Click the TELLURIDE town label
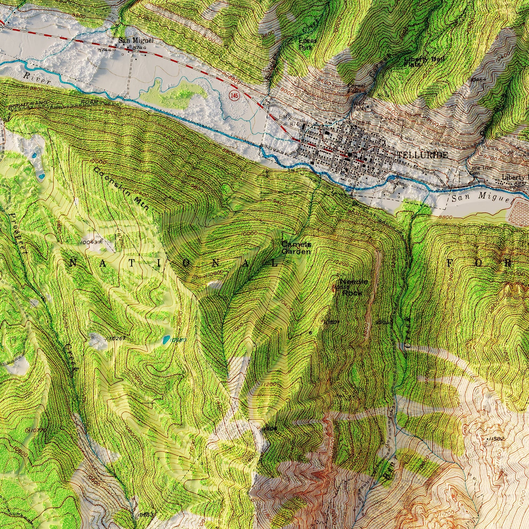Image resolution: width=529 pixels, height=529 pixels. point(422,155)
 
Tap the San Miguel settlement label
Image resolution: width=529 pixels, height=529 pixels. point(135,41)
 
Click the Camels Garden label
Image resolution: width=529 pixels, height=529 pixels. point(296,248)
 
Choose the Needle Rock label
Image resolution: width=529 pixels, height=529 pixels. point(353,287)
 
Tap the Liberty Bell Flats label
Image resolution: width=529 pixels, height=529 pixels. point(420,62)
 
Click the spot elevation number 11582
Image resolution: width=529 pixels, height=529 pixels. point(497,438)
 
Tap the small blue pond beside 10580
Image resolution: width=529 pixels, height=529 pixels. point(167,340)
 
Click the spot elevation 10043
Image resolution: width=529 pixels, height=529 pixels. point(90,242)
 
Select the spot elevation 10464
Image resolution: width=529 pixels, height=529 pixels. point(480,79)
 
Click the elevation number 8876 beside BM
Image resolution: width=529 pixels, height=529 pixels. point(363,123)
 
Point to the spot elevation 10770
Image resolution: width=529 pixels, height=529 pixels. point(39,431)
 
